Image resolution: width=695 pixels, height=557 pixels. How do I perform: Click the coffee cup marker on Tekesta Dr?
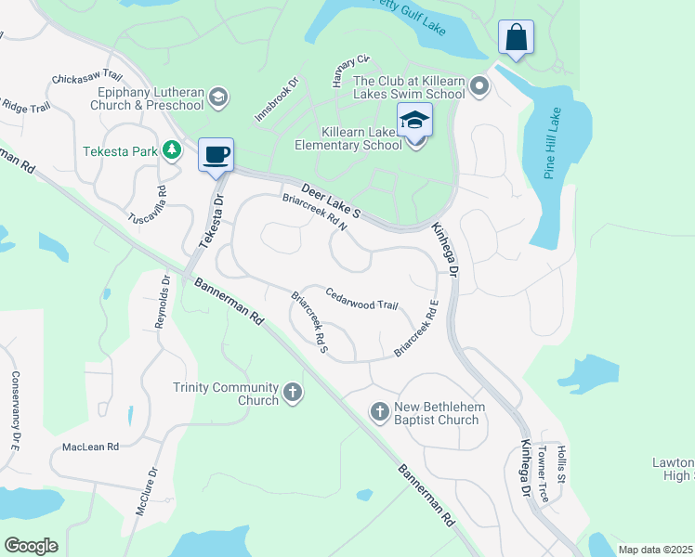[x=216, y=154]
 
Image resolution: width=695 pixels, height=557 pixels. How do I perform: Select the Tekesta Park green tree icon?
[x=171, y=149]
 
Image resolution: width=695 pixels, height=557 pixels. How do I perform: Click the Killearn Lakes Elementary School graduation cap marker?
[x=414, y=121]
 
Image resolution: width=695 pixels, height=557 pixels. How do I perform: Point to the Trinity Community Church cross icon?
[x=293, y=393]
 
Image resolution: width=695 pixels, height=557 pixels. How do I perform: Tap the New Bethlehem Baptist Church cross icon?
[x=379, y=411]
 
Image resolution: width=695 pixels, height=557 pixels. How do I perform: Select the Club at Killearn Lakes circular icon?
[x=479, y=88]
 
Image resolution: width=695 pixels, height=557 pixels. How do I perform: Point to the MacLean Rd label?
[x=90, y=447]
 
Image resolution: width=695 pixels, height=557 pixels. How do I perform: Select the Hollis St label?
[x=560, y=464]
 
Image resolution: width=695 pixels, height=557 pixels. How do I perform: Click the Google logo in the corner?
[x=31, y=545]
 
